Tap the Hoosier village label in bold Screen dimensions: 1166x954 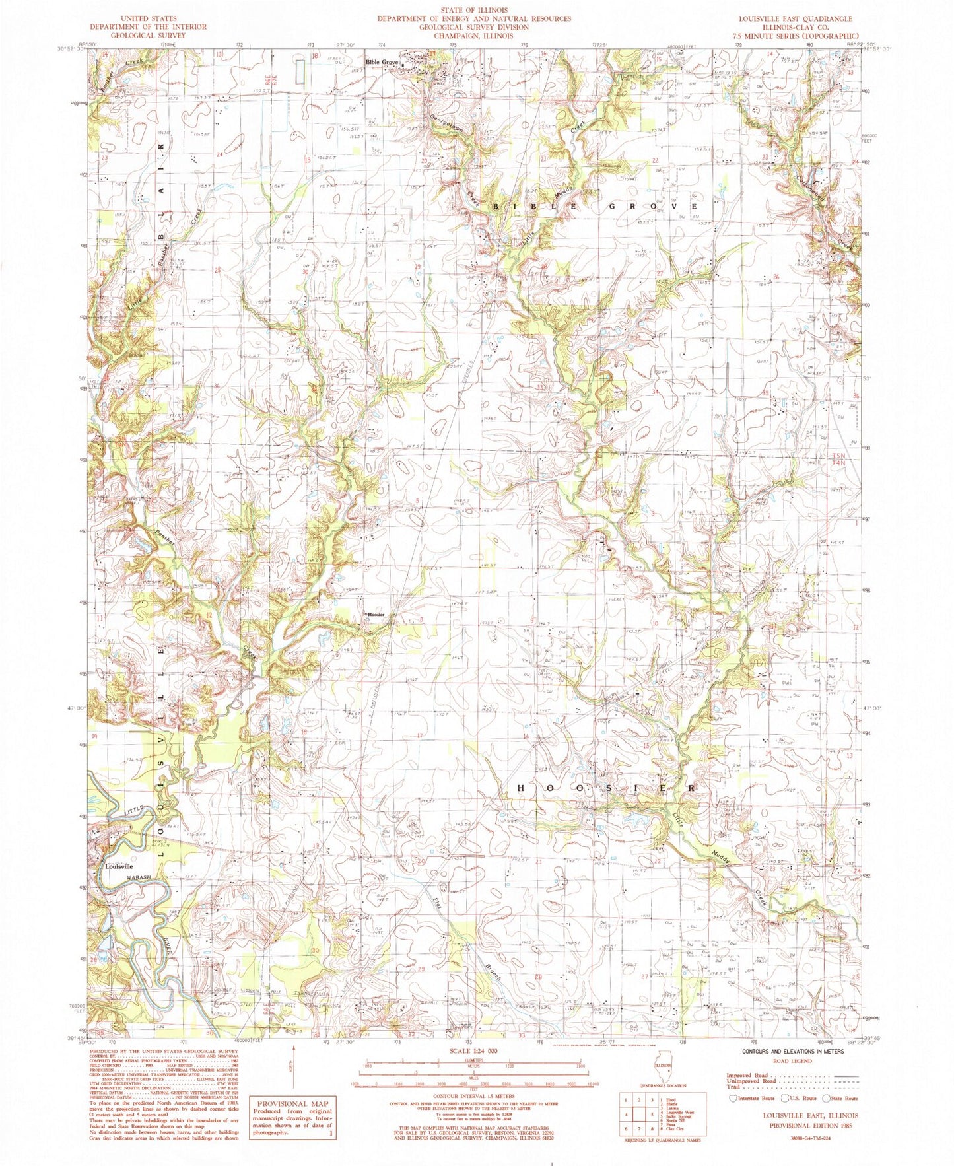[376, 615]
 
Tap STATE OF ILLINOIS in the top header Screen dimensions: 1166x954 [474, 11]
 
